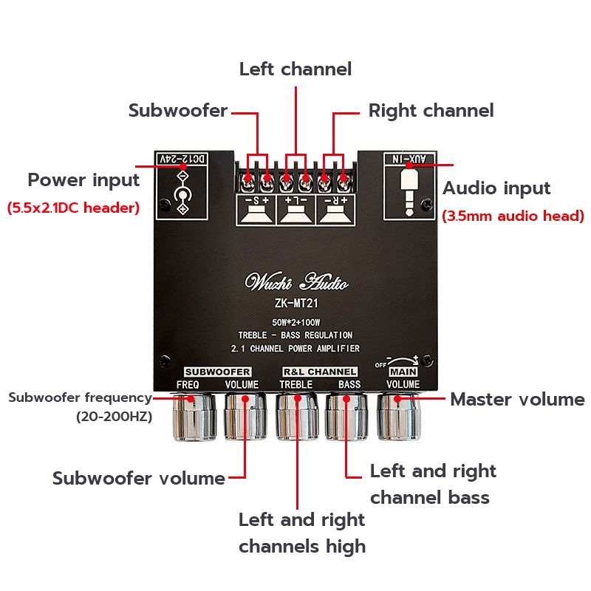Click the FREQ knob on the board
pos(194,417)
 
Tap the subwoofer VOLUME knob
pos(245,417)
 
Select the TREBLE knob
pos(297,417)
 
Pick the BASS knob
pos(346,417)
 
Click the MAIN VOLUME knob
pos(398,417)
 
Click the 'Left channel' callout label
pos(295,69)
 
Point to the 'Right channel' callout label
pos(431,111)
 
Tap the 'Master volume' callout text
pos(517,400)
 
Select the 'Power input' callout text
pos(83,180)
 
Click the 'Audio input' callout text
pos(496,188)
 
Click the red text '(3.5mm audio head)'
pos(513,216)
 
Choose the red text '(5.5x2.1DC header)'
pos(73,208)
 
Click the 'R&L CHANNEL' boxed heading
pos(319,371)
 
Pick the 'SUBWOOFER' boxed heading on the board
pos(218,371)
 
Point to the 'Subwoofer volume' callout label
pos(138,478)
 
